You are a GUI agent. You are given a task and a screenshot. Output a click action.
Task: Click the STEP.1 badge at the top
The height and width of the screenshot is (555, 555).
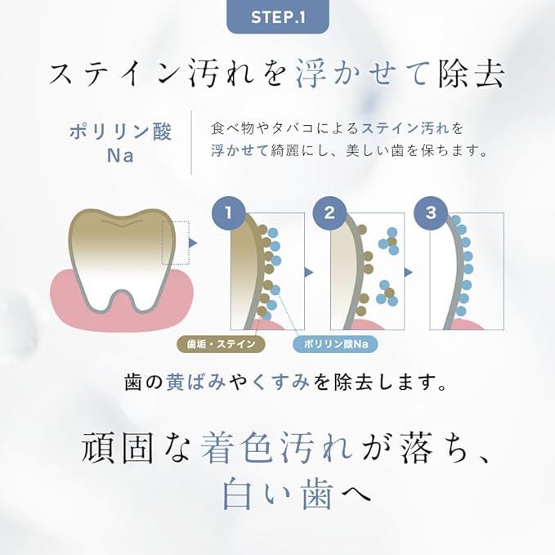(278, 16)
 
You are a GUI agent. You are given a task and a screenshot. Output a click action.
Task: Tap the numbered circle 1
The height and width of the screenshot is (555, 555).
(228, 213)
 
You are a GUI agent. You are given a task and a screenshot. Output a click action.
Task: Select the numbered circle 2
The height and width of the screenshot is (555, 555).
(329, 213)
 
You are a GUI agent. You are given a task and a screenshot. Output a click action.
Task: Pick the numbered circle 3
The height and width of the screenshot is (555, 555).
(431, 213)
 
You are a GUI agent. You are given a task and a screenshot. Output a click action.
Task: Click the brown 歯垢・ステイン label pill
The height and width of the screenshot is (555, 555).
(221, 343)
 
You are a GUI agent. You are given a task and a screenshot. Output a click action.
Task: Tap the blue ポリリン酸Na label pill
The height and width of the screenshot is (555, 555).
(336, 343)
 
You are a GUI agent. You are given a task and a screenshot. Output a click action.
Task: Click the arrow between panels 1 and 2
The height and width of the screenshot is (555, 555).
(309, 272)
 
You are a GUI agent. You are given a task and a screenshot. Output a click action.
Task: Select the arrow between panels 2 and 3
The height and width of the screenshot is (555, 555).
(409, 272)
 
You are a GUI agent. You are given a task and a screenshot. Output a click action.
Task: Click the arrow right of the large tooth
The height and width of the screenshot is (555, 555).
(193, 243)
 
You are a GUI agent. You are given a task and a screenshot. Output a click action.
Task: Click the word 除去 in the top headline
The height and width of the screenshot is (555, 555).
(471, 74)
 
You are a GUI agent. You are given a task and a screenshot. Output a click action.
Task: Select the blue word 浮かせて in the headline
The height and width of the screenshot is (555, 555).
(361, 74)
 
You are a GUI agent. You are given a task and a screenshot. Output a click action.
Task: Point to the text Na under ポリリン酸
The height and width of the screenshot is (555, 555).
(120, 155)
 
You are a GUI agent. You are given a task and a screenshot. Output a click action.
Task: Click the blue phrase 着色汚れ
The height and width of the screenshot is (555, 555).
(277, 447)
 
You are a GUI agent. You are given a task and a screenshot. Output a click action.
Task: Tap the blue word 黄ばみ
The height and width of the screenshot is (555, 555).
(195, 383)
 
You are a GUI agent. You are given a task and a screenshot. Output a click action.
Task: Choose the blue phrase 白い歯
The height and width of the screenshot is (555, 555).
(278, 492)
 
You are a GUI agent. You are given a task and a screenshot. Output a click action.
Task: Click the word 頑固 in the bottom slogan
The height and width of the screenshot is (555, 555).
(118, 447)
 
